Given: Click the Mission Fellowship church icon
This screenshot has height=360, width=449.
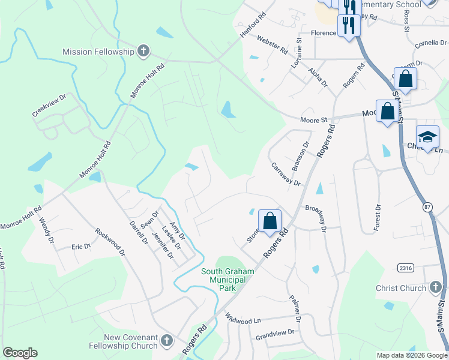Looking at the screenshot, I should pos(143,51).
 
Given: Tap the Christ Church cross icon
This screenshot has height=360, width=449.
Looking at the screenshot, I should pos(436,288).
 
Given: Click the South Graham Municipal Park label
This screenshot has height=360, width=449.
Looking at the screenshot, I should pos(228,280).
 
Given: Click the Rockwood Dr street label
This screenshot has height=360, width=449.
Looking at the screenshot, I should pos(110,242).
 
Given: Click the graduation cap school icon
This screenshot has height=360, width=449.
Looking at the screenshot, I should pos(427,137).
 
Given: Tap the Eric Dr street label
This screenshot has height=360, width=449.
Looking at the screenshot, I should pos(81,246).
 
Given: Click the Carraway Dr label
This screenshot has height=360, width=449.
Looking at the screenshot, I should pos(285,174).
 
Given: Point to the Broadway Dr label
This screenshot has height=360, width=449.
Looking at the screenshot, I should pos(315,218).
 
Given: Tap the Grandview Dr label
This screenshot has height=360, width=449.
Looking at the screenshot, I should pos(275,332).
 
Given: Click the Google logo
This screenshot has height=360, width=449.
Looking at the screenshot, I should pos(20,353).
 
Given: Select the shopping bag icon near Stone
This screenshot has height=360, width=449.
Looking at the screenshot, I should pos(270,221).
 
